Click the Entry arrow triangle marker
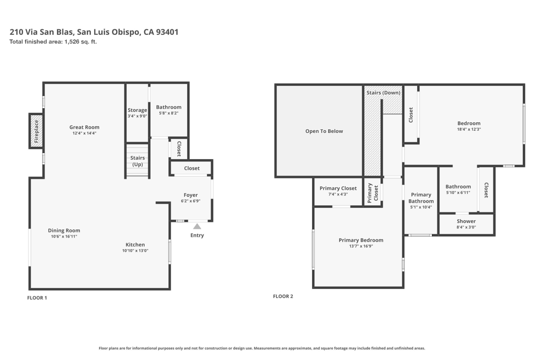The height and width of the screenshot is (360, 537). point(197,226)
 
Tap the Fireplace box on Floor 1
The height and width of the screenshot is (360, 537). point(36,131)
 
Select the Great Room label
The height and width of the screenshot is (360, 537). point(84,127)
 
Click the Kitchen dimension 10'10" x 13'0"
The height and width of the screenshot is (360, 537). point(135,250)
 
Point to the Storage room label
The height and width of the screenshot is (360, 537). point(137,110)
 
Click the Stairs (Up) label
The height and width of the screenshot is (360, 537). point(137,161)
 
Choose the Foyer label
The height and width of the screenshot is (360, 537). point(191,195)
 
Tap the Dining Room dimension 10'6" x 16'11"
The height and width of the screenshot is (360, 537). point(64,237)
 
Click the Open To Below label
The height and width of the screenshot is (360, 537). point(324,131)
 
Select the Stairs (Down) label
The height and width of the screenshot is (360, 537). point(383,93)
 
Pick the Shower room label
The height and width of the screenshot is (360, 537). point(466,222)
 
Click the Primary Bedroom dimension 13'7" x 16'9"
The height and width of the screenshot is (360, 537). point(361,246)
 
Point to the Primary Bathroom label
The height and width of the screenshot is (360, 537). point(421,198)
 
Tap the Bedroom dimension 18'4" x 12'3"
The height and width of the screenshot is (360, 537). point(469,129)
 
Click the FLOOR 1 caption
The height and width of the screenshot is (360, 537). point(37,298)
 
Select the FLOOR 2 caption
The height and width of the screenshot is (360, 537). point(283,296)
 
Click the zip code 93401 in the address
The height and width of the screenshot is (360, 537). point(167,32)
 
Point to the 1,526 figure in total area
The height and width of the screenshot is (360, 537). point(72,42)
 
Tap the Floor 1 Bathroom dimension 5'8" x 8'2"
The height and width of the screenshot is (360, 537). point(168,113)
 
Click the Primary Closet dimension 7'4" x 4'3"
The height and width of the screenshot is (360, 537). point(338,194)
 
